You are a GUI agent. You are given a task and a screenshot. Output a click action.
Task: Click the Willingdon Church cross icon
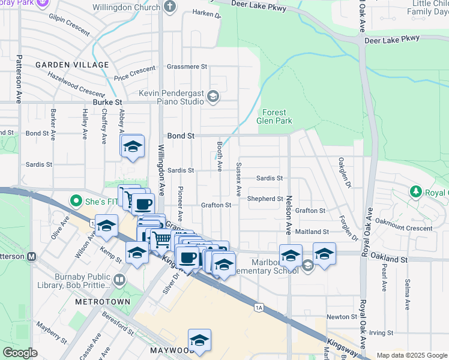170,6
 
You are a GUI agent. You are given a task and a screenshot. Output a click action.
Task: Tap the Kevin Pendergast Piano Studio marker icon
212,97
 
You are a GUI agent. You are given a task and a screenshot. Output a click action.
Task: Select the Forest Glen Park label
277,116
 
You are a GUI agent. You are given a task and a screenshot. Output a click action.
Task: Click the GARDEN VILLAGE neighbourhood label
72,65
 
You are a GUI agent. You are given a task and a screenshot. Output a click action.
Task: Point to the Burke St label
107,103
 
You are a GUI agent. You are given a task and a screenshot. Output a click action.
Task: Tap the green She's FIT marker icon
76,200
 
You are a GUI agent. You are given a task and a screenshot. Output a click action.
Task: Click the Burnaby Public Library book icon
119,279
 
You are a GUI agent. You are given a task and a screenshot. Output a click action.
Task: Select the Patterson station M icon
32,256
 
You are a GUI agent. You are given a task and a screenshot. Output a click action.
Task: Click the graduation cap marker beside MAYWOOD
199,340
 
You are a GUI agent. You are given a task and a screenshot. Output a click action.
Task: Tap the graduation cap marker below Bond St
132,146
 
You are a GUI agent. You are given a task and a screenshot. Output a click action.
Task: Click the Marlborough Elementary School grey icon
307,265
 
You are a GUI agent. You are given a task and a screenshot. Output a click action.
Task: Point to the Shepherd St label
265,199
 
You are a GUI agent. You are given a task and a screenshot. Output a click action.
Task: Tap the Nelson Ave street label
289,214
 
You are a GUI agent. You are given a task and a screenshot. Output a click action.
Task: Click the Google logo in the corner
20,353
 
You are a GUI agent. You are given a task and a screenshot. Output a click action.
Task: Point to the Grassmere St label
187,67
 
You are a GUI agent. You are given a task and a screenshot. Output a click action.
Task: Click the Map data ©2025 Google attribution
411,355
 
